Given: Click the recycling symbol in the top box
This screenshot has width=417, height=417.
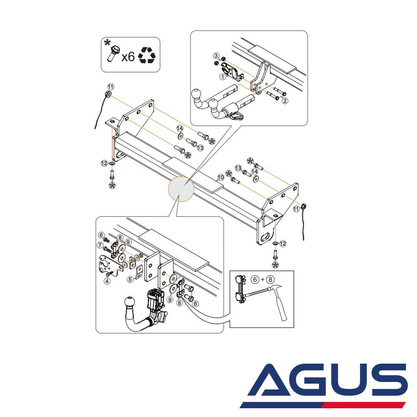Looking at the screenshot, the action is coord(146,55).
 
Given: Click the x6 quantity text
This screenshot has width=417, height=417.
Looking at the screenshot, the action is coord(128,57).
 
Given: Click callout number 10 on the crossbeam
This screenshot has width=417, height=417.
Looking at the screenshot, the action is coord(221,177).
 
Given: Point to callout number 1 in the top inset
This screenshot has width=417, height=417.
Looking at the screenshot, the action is coord(222,77).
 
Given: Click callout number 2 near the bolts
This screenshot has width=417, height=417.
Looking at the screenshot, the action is coord(285,100).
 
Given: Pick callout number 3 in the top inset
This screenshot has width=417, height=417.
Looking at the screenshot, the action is coord(216,56).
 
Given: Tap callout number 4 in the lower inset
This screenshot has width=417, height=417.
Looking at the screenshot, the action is coord(107,281).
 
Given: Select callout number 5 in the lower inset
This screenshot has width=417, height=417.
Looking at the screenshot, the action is coord(130,279).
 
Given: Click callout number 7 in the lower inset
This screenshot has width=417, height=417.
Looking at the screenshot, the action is coord(100,245).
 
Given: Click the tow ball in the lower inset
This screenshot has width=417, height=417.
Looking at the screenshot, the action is coord(130,303).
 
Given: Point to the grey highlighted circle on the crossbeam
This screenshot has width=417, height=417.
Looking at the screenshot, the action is coord(181,189).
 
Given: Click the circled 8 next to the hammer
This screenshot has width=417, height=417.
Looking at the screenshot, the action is coord(271,279).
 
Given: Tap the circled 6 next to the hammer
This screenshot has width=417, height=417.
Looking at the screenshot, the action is coord(255,279).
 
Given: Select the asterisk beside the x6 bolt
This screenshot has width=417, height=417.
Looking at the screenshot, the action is coord(107,42).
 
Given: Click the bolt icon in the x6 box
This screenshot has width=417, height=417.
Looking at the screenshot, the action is coord(113,54).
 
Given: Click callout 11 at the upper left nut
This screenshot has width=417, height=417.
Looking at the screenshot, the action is coord(111,87).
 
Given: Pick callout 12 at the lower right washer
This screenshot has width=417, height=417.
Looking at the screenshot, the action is coord(283,244).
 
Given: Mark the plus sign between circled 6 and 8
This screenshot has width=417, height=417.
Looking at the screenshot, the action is coord(263,279).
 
